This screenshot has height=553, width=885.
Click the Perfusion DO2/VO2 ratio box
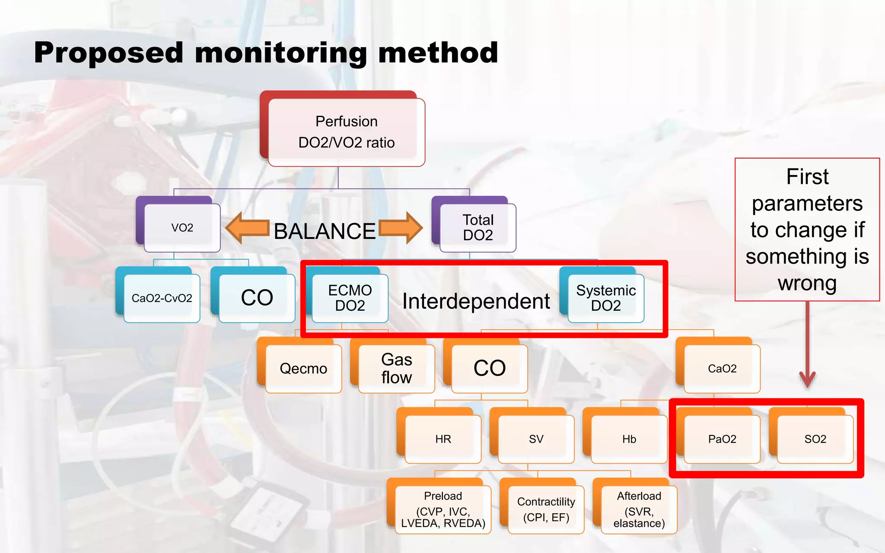point(346,132)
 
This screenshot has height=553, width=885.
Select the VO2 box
point(182,228)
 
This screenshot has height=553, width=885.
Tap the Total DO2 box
point(478,228)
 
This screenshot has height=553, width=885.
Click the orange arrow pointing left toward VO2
point(247,228)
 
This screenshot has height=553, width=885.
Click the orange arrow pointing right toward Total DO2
point(401,228)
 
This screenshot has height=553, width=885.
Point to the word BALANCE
point(325,232)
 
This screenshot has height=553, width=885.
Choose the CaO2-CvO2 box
point(162,298)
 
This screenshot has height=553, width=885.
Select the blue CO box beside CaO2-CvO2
point(257,298)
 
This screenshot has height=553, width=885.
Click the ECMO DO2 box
point(350,298)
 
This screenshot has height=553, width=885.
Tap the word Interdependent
point(476,301)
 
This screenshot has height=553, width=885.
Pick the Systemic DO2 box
point(605,298)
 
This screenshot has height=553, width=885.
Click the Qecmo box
point(303,369)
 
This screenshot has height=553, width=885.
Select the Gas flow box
point(396,369)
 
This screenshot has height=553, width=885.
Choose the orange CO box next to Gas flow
point(489,369)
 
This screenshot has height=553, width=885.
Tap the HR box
point(443,439)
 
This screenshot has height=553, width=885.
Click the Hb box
point(629,439)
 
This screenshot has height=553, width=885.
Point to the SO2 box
point(815,439)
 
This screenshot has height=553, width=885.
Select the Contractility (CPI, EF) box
point(546,509)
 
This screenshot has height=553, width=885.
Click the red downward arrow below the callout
point(807,346)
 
